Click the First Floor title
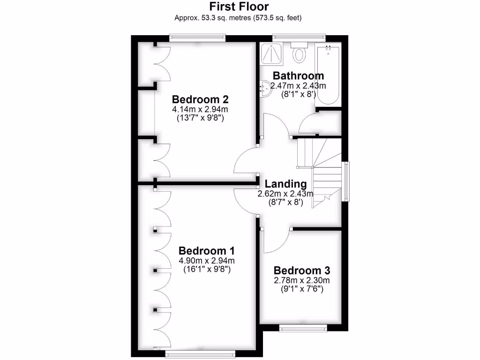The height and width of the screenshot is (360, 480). [x=239, y=7]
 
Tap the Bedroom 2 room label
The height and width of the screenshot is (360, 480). [x=200, y=99]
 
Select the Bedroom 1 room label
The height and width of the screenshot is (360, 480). [x=207, y=250]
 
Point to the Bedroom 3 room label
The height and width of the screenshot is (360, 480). [x=302, y=270]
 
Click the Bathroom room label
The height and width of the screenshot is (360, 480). [x=298, y=75]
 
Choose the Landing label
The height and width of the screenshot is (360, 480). [x=285, y=184]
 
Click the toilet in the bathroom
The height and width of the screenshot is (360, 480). [x=299, y=53]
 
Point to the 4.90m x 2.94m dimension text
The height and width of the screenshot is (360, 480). [x=207, y=261]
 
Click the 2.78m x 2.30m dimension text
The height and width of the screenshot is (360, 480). [x=302, y=280]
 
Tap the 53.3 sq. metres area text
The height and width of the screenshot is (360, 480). [x=206, y=18]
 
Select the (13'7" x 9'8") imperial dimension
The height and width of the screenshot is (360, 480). [x=200, y=118]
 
